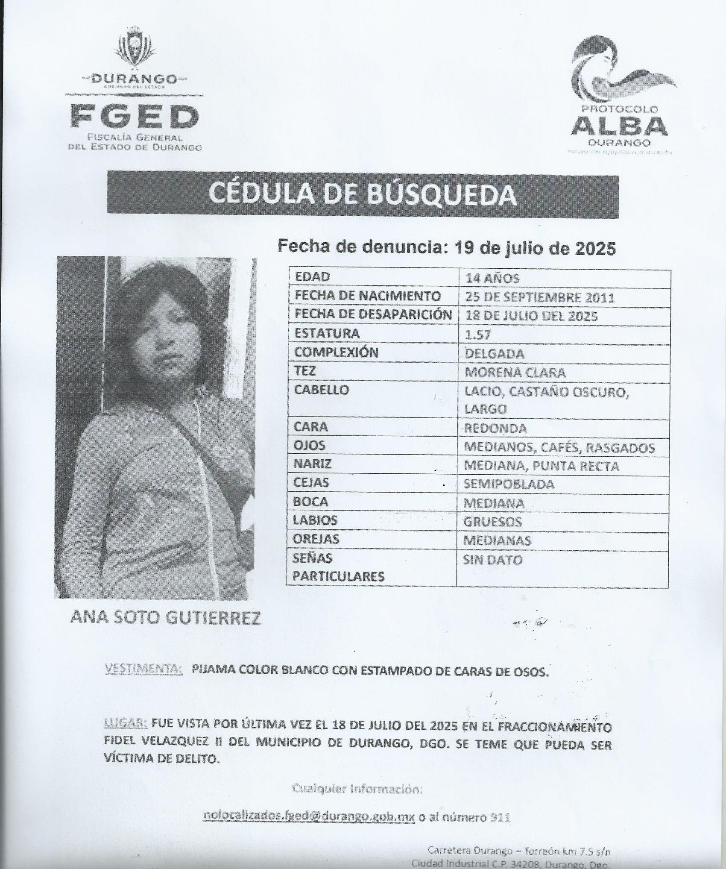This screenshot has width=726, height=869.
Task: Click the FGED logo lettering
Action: [135, 116]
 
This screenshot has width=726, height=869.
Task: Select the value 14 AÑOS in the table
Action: [492, 279]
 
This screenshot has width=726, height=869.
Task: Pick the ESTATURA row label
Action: [327, 333]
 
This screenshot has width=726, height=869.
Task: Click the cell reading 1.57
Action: [478, 335]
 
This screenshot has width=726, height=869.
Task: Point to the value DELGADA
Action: [494, 354]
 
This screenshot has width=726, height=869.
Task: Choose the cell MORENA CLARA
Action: [515, 373]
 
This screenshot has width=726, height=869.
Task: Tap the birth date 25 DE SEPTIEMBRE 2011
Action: [540, 297]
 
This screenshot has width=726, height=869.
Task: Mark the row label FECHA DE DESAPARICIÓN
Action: [373, 314]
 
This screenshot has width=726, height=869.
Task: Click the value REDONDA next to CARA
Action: [495, 428]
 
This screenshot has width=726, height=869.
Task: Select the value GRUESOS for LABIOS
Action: [493, 522]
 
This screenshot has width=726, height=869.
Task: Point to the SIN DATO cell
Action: [493, 560]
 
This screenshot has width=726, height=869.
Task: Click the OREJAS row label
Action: [316, 539]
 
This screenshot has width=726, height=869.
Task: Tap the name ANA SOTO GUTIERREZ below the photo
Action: [165, 618]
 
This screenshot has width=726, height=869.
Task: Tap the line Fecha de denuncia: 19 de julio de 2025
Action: [447, 247]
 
